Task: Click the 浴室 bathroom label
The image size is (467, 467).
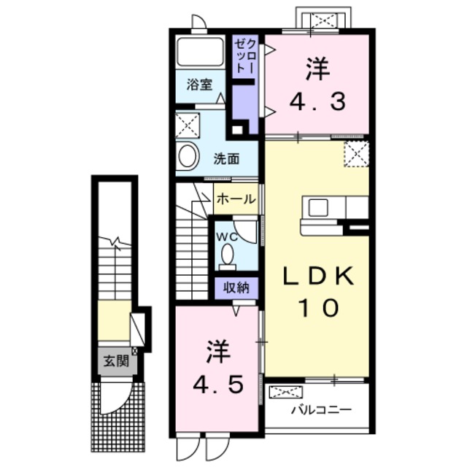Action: click(199, 85)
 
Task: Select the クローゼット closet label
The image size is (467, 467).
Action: click(245, 57)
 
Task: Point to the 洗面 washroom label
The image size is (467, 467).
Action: click(226, 159)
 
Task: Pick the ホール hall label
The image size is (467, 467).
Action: click(236, 199)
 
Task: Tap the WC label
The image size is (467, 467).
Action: click(227, 237)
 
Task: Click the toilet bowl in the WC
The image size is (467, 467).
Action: click(228, 254)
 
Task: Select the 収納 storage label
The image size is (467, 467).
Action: click(236, 287)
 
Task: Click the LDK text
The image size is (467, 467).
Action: click(319, 276)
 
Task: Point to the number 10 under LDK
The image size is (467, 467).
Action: click(319, 307)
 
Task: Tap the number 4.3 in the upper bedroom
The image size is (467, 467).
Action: click(317, 101)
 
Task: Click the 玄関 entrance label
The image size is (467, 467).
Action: click(116, 361)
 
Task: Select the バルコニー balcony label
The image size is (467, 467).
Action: click(321, 410)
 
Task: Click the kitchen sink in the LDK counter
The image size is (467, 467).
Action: click(318, 207)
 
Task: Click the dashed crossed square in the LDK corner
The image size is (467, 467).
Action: click(357, 154)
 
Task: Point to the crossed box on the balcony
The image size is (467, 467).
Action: click(285, 392)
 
